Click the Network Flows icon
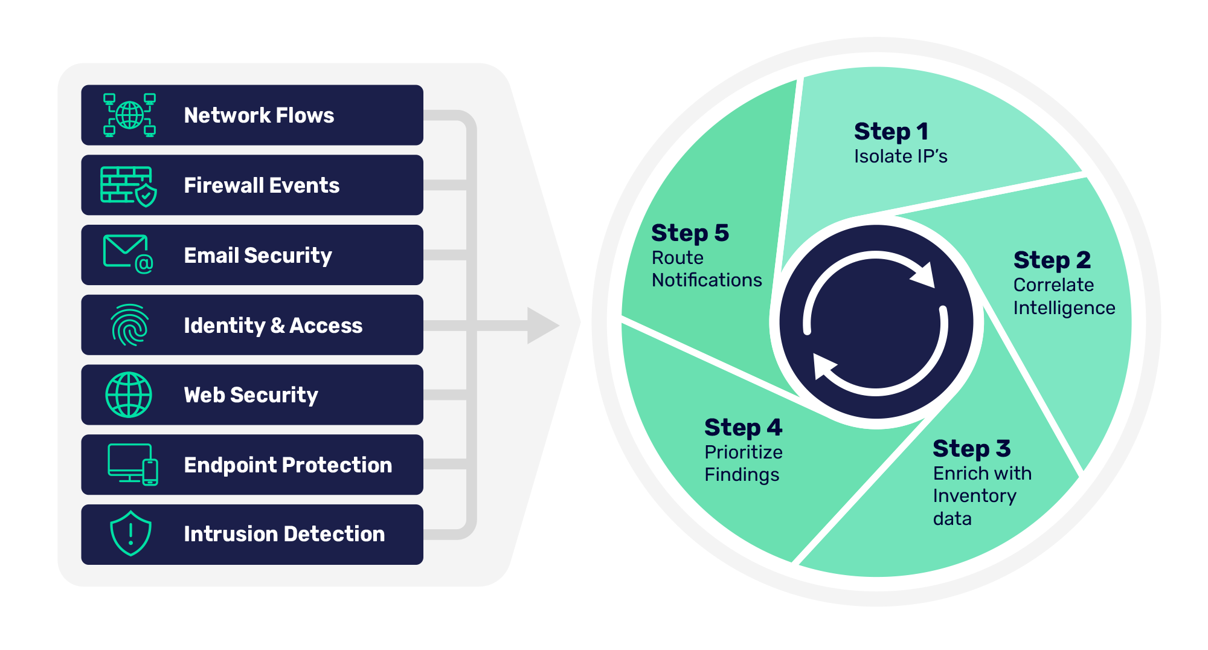[x=129, y=115]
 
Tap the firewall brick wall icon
[x=128, y=186]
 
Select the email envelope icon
[x=128, y=254]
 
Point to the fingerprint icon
[x=129, y=325]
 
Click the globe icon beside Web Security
[x=129, y=395]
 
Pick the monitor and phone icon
[x=133, y=464]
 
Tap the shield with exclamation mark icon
[x=130, y=533]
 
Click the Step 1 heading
[x=891, y=132]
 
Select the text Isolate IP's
[x=900, y=156]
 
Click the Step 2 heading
[x=1052, y=260]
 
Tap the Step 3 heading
[x=971, y=449]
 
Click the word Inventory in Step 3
[x=974, y=496]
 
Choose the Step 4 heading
[x=743, y=428]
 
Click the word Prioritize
[x=743, y=452]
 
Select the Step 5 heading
[x=690, y=233]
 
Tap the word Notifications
[x=707, y=280]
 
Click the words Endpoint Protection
[x=288, y=465]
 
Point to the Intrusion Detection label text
[x=284, y=534]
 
